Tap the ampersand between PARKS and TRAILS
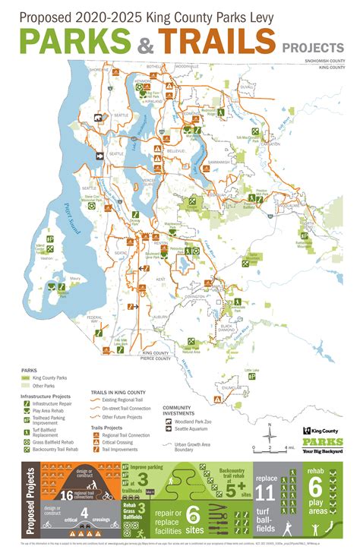pyautogui.click(x=144, y=43)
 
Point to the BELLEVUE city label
pyautogui.click(x=175, y=151)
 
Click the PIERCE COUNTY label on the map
pyautogui.click(x=156, y=358)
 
